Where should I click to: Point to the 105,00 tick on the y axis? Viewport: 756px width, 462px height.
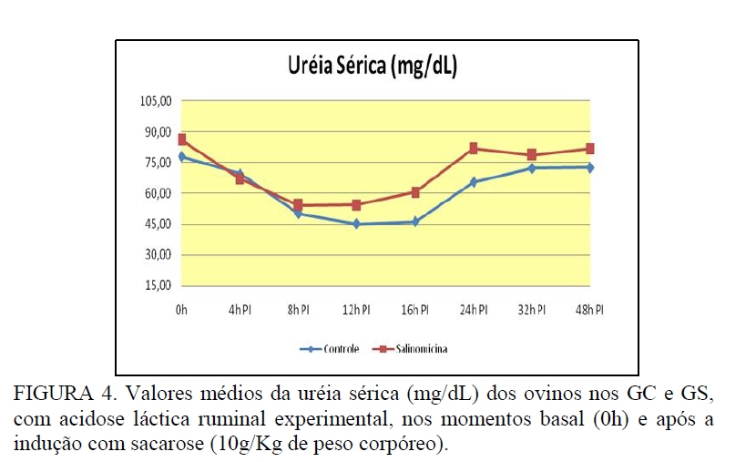[x=157, y=100]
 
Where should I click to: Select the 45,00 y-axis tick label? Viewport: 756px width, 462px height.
[x=157, y=224]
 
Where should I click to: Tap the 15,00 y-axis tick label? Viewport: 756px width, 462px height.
[x=157, y=285]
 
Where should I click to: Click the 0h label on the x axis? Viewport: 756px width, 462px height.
[x=181, y=310]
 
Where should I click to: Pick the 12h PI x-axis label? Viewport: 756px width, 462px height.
[x=356, y=310]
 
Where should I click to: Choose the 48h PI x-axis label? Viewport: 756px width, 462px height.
[x=589, y=310]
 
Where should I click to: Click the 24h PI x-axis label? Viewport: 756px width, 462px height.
[x=473, y=310]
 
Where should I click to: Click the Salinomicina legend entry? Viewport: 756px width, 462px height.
[x=420, y=349]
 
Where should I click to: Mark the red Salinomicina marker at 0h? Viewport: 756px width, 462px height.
[x=182, y=139]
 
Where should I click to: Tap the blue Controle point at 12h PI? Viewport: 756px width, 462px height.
[x=356, y=224]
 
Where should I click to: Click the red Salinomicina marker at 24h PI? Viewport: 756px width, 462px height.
[x=474, y=148]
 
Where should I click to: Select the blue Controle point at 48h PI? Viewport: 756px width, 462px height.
[x=589, y=168]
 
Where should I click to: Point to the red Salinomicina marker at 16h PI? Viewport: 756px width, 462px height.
[x=415, y=192]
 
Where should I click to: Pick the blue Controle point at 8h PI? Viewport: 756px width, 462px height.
[x=298, y=213]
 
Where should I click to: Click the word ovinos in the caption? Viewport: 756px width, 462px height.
[x=539, y=395]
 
